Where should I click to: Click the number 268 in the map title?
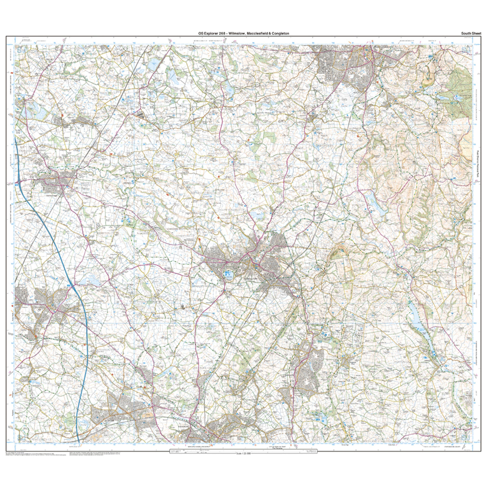click(223, 33)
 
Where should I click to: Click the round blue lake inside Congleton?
click(228, 274)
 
